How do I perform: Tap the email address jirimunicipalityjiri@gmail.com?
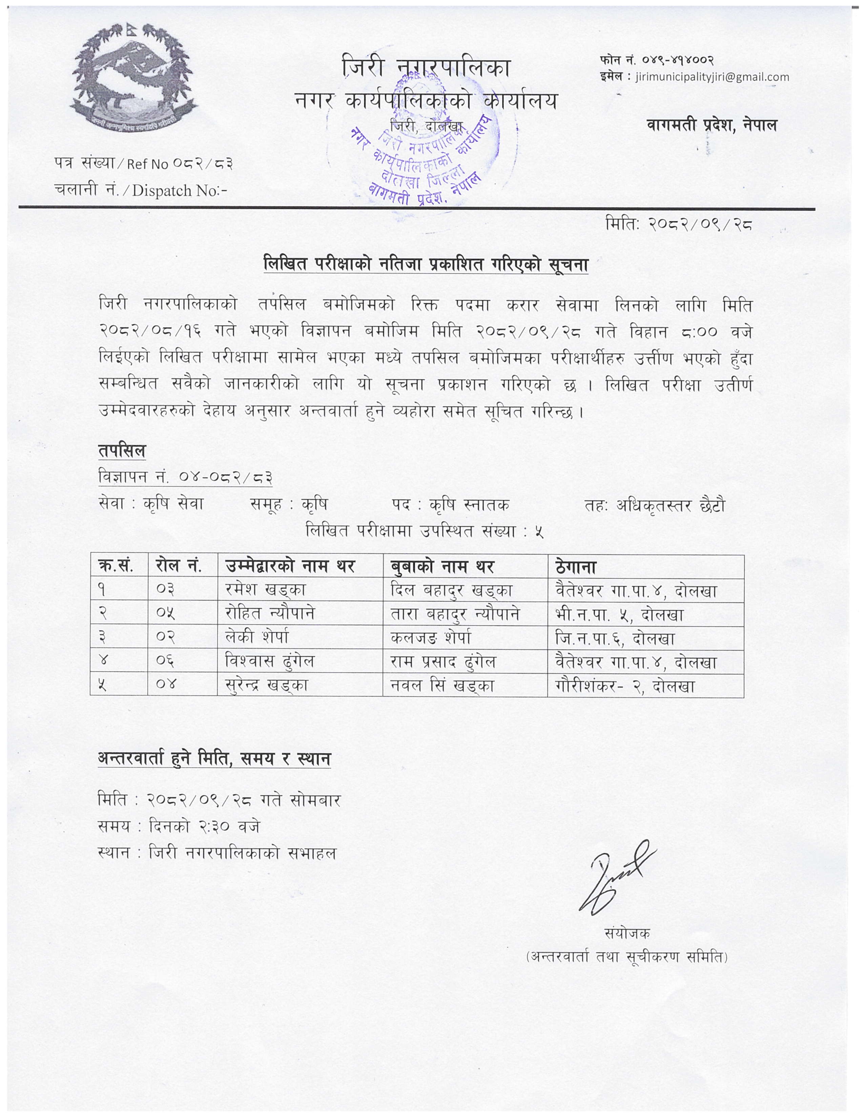711,77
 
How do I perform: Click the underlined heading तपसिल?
122,452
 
